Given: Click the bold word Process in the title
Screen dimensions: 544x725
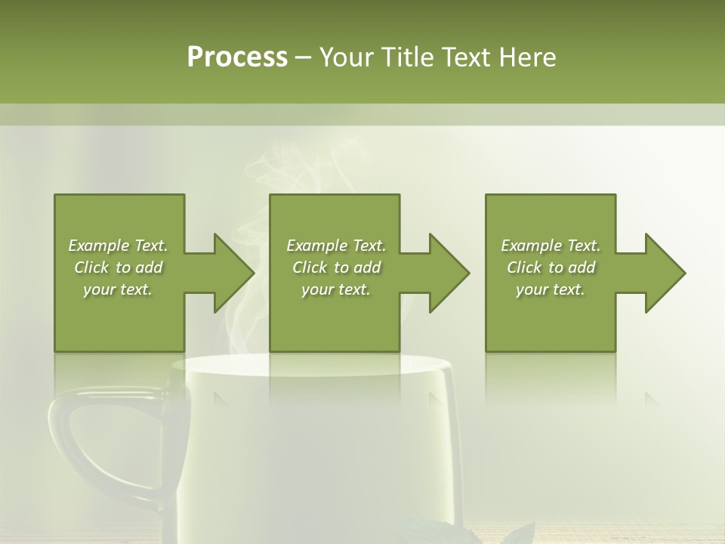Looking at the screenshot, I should pyautogui.click(x=237, y=57).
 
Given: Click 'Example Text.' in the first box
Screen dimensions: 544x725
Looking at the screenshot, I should pyautogui.click(x=118, y=246).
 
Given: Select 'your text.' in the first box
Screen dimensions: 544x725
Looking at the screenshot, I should pyautogui.click(x=118, y=289).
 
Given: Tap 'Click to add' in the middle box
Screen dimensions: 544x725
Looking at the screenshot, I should pyautogui.click(x=336, y=267).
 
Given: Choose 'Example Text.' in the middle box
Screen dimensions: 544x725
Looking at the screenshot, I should pyautogui.click(x=336, y=246).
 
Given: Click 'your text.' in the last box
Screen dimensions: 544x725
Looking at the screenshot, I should pyautogui.click(x=551, y=289).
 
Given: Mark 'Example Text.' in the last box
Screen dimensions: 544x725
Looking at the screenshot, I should pyautogui.click(x=551, y=246).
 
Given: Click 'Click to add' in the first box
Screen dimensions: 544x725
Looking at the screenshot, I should pyautogui.click(x=118, y=267).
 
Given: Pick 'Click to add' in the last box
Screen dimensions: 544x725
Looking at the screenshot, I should pyautogui.click(x=551, y=267).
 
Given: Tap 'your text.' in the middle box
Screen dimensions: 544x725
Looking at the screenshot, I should pyautogui.click(x=336, y=289).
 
